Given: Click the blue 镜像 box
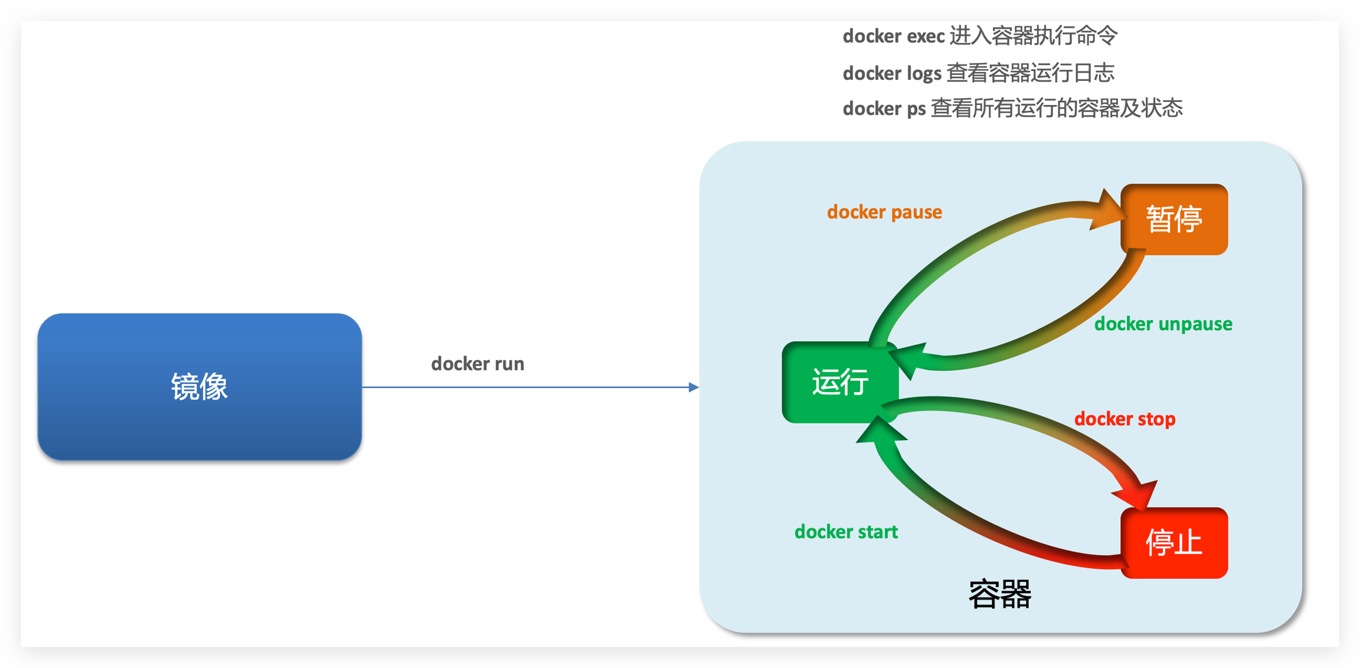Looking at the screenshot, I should [200, 387].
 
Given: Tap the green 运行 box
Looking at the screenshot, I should [839, 382].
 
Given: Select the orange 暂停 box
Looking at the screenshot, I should [1173, 219].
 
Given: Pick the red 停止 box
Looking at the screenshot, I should [1173, 542].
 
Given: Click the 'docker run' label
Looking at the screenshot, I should [478, 364].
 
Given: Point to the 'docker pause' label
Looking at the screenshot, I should [884, 212].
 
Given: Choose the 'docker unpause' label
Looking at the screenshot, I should [1163, 324].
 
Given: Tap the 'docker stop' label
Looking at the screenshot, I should [1124, 419].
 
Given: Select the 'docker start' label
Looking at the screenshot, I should [846, 532].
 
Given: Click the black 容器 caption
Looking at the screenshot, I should [1000, 594].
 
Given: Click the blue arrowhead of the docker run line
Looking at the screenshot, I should [694, 387].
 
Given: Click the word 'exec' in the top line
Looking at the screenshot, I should [926, 37].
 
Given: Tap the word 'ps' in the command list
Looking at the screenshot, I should [916, 109].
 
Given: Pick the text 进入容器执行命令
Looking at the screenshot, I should [1033, 36].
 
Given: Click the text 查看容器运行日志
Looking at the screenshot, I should [1030, 73].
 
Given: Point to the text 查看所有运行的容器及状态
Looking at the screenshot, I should [1057, 108].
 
